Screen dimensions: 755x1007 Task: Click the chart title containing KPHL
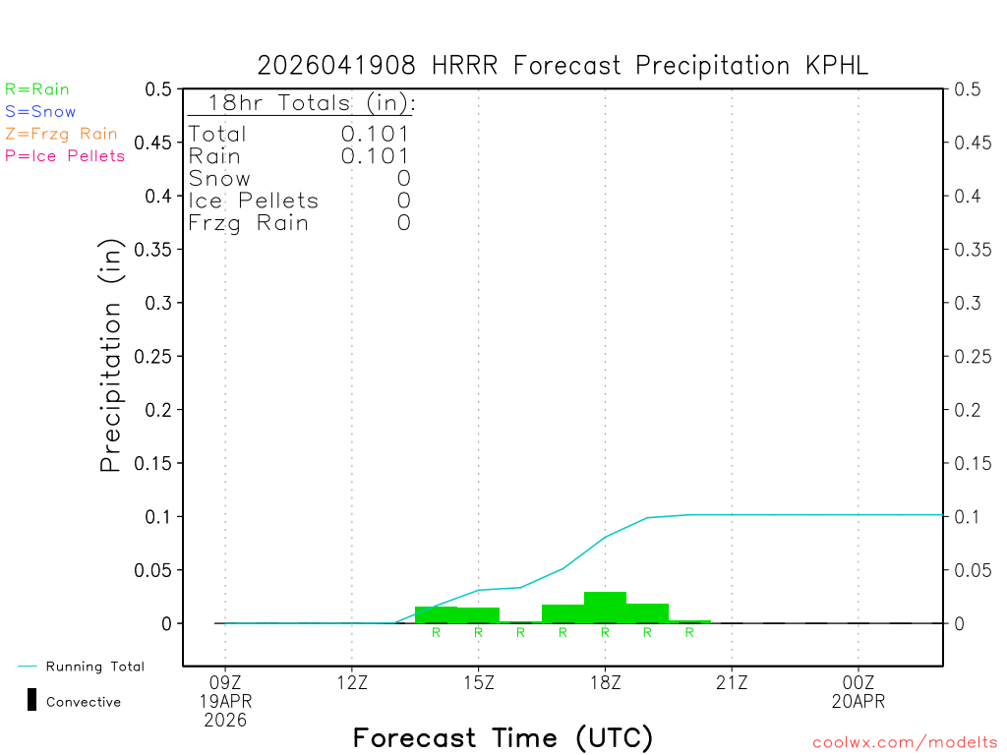pyautogui.click(x=563, y=66)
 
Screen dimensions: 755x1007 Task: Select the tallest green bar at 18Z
pyautogui.click(x=605, y=607)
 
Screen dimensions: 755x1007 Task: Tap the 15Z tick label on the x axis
pyautogui.click(x=479, y=680)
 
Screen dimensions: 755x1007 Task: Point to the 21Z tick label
pyautogui.click(x=732, y=680)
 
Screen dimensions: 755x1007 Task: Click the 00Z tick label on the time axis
pyautogui.click(x=859, y=680)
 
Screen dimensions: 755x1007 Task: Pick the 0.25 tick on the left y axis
pyautogui.click(x=157, y=356)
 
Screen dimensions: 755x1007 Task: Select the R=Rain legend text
pyautogui.click(x=37, y=89)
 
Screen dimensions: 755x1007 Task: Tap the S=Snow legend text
pyautogui.click(x=40, y=112)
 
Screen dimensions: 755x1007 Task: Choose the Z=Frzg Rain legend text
pyautogui.click(x=61, y=134)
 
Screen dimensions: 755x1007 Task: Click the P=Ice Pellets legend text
pyautogui.click(x=65, y=155)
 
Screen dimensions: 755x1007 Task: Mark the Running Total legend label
pyautogui.click(x=94, y=667)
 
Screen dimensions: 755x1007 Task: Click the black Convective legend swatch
pyautogui.click(x=31, y=701)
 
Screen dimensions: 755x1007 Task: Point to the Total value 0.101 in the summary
pyautogui.click(x=376, y=134)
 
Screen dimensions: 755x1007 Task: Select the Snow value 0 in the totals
pyautogui.click(x=403, y=179)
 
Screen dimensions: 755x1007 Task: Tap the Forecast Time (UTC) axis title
pyautogui.click(x=503, y=737)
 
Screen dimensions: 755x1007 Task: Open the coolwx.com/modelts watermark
pyautogui.click(x=905, y=743)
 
